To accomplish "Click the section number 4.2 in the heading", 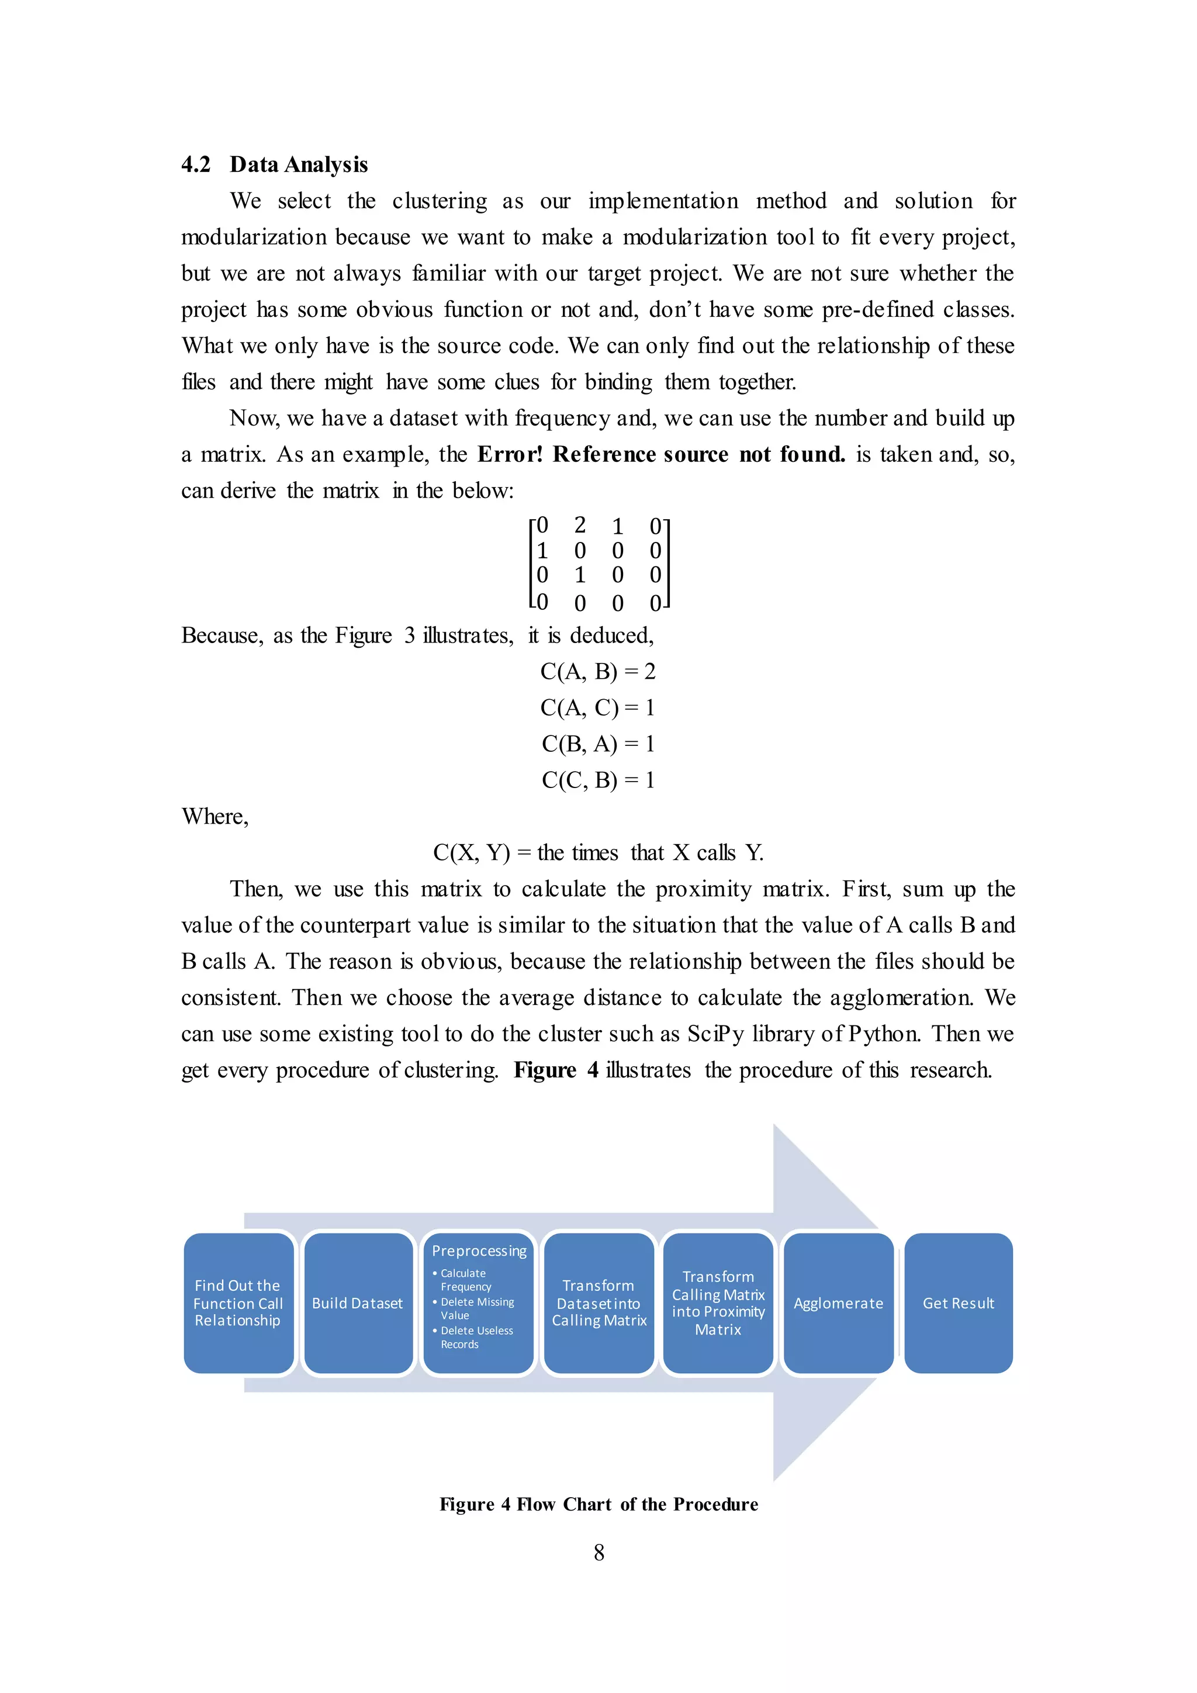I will click(x=195, y=164).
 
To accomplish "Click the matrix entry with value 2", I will click(x=580, y=525).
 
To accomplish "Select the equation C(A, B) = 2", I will click(x=598, y=672).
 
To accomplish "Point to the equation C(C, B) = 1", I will click(x=598, y=780).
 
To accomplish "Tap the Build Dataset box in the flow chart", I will click(x=358, y=1304).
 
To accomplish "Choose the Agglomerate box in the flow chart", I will click(x=838, y=1304).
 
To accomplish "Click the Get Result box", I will click(x=958, y=1304).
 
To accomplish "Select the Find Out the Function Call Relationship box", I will click(x=238, y=1304).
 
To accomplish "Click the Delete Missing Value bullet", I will click(x=477, y=1309).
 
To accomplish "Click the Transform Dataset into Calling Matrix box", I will click(x=598, y=1304).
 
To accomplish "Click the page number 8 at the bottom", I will click(x=598, y=1553).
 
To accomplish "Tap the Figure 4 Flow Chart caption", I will click(x=598, y=1504).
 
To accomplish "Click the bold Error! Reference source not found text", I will click(x=661, y=454).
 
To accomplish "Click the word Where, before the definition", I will click(x=215, y=816).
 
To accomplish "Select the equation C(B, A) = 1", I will click(x=598, y=744).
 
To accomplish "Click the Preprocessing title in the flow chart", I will click(x=479, y=1251).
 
